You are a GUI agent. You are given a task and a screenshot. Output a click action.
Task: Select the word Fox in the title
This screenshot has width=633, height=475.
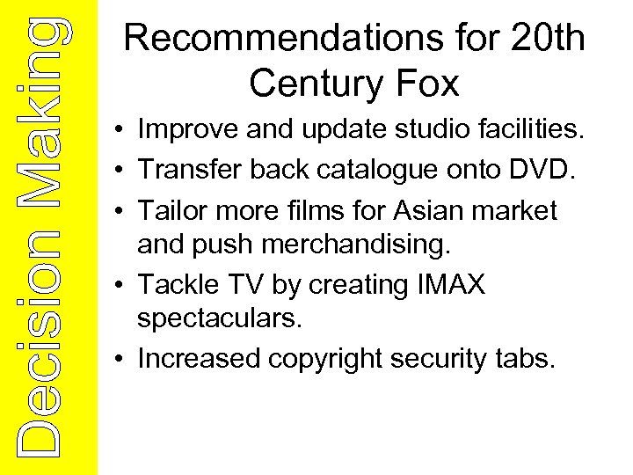429,84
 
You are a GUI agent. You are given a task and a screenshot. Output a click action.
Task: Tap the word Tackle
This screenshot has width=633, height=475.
178,284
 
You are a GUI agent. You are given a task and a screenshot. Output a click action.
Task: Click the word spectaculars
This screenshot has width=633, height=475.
220,318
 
